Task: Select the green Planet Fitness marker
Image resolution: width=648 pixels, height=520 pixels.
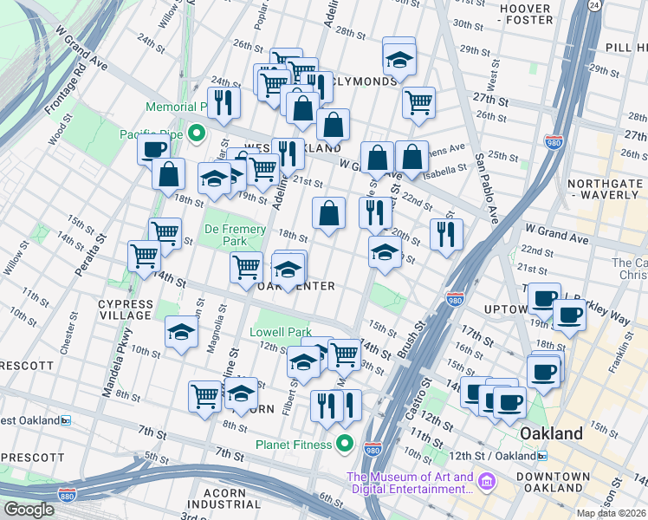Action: click(x=345, y=445)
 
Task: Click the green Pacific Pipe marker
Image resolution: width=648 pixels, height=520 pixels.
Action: click(x=197, y=133)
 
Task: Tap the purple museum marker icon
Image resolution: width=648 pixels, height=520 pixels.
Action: click(x=487, y=481)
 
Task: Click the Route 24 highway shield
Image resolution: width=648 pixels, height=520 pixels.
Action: click(x=593, y=5)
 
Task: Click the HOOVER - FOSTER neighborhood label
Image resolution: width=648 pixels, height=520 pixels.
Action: click(x=526, y=14)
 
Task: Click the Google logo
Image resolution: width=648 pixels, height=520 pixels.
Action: click(x=29, y=510)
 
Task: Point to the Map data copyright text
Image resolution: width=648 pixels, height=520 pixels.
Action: click(x=612, y=513)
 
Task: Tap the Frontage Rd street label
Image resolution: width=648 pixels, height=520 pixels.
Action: click(x=62, y=93)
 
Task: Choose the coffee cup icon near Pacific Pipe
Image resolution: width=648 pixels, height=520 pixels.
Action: click(x=154, y=148)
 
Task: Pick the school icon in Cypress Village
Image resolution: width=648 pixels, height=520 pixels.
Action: click(x=181, y=331)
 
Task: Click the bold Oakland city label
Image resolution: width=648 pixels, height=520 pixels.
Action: click(x=550, y=433)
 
